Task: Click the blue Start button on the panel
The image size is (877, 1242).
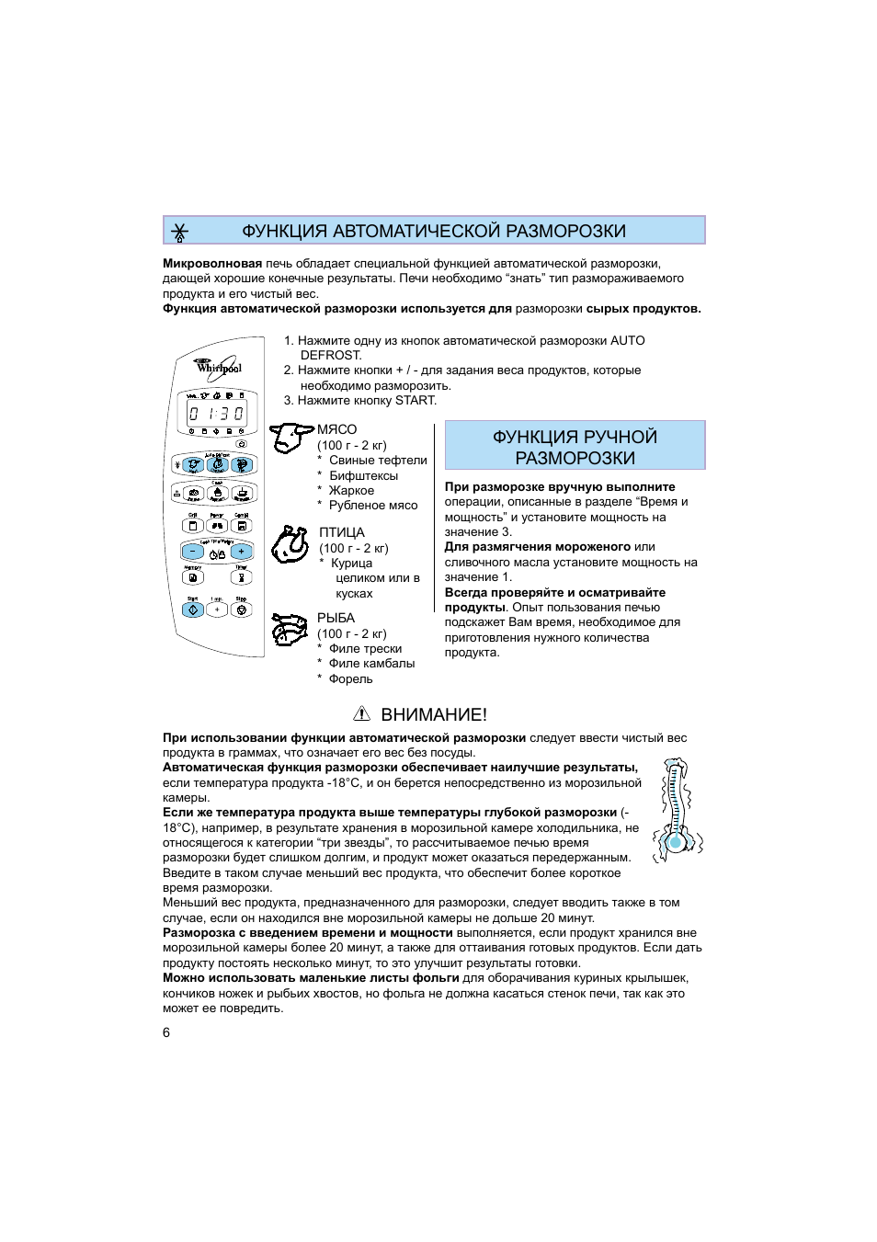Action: click(193, 609)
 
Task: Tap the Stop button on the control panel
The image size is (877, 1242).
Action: click(241, 609)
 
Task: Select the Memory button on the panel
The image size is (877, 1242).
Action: click(193, 578)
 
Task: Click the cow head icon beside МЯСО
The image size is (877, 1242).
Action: click(290, 438)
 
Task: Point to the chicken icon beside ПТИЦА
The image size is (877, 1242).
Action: click(290, 544)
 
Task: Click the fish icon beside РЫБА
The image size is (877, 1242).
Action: click(290, 630)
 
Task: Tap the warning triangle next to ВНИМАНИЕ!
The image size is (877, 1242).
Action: click(361, 714)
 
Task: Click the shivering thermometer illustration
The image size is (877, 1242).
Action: click(677, 809)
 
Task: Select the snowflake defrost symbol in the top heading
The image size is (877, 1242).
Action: click(180, 232)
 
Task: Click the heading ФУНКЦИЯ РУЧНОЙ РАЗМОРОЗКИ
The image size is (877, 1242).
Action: click(575, 447)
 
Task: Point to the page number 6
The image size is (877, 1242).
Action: click(166, 1032)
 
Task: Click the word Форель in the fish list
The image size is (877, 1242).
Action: click(350, 678)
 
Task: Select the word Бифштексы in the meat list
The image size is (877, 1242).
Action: click(363, 475)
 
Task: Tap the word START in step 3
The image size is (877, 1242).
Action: click(416, 400)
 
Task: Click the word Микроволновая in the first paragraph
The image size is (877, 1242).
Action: click(212, 263)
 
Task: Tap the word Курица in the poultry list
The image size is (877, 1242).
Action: click(351, 563)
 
